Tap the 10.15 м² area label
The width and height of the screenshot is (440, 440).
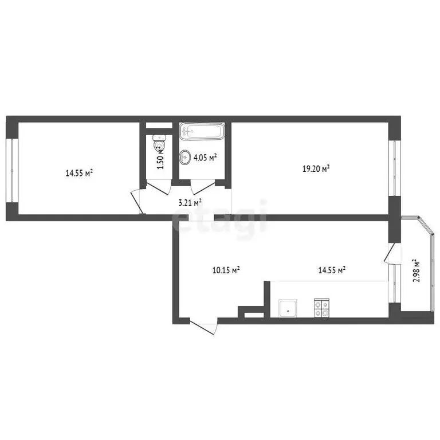tap(226, 270)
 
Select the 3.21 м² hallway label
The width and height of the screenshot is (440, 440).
tap(190, 202)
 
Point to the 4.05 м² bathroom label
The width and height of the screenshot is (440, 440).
tap(205, 158)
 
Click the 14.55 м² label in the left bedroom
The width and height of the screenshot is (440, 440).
tap(80, 172)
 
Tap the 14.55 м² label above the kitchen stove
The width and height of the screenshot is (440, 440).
tap(331, 270)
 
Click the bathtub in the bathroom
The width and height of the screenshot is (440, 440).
tap(201, 131)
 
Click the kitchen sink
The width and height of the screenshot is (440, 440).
tap(288, 308)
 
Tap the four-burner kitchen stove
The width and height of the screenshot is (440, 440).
tap(321, 308)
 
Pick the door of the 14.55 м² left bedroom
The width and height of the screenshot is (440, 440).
tap(138, 201)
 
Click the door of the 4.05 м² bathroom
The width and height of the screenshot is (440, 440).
tap(202, 187)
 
